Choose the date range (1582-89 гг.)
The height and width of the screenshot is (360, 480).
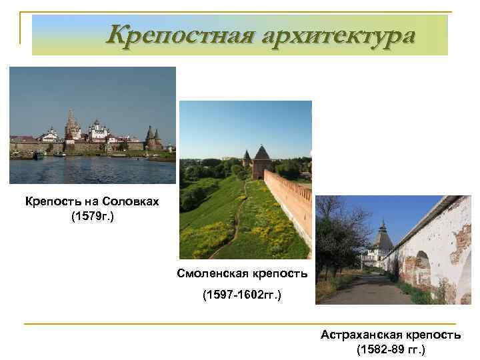pyautogui.click(x=390, y=349)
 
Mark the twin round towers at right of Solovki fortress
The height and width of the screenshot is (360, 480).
pyautogui.click(x=153, y=139)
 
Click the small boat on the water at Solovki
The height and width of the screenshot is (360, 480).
pyautogui.click(x=40, y=155)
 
